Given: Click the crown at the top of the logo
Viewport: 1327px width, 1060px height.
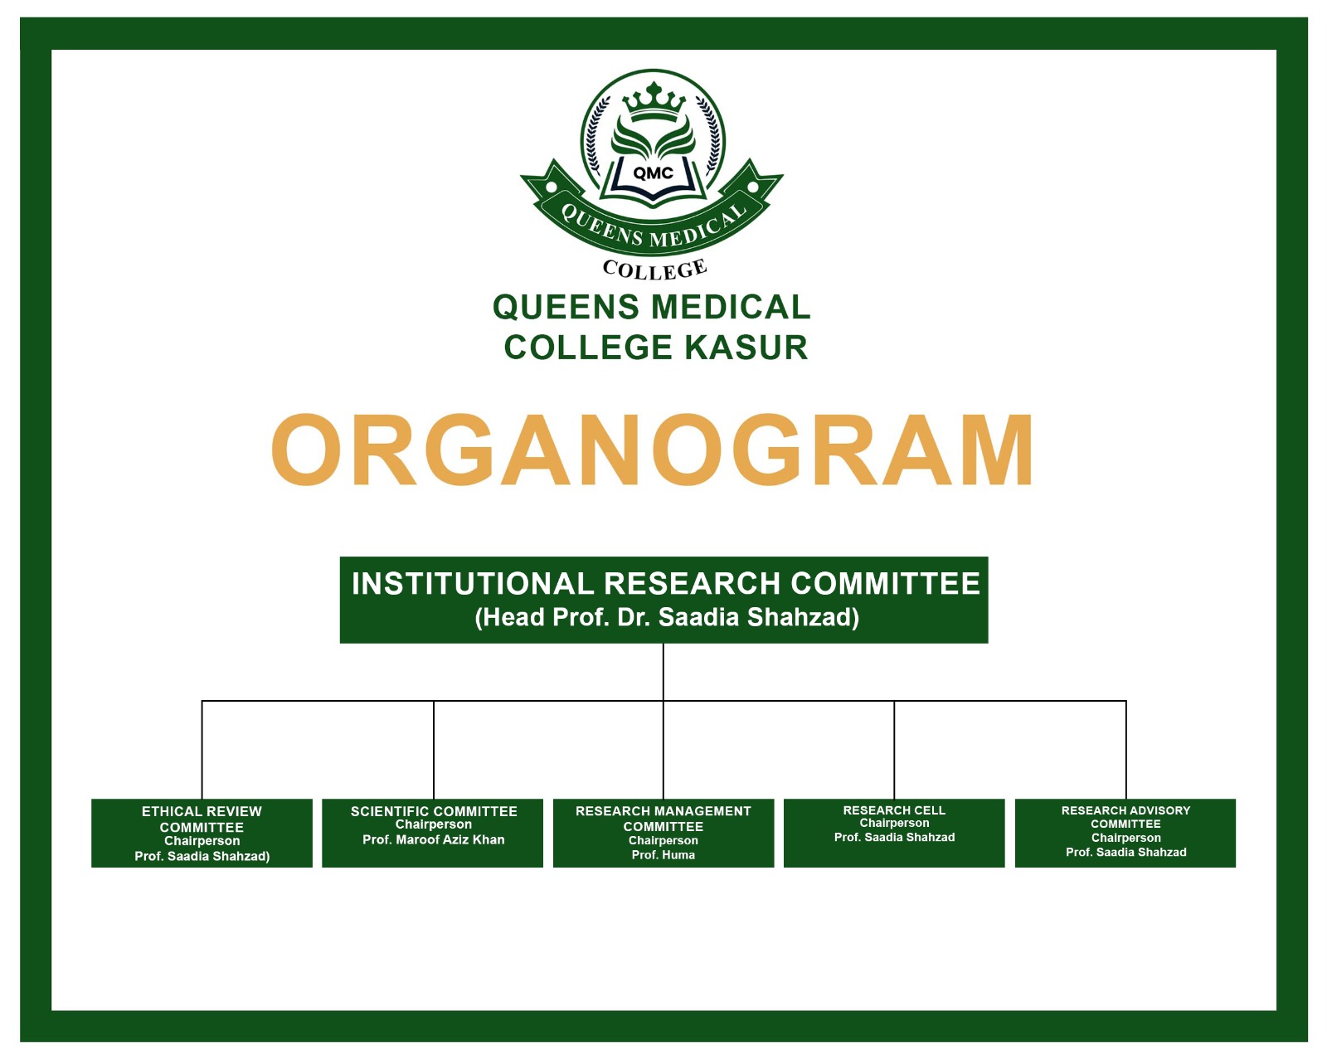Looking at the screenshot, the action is pyautogui.click(x=654, y=102).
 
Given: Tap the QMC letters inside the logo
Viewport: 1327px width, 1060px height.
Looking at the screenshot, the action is pyautogui.click(x=653, y=173).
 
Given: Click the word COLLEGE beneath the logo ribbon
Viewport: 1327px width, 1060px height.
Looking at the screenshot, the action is pyautogui.click(x=655, y=270).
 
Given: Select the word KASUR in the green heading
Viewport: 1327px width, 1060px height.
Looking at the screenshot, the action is pyautogui.click(x=746, y=348).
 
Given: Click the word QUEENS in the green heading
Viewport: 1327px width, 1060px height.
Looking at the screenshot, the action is pyautogui.click(x=566, y=307).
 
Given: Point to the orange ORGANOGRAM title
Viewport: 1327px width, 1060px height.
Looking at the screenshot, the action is pyautogui.click(x=652, y=450).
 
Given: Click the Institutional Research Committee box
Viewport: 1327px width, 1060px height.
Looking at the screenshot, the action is pyautogui.click(x=663, y=600).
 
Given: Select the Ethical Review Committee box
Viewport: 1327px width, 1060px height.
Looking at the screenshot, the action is pyautogui.click(x=202, y=833).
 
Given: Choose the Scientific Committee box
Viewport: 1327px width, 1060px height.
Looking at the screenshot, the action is pyautogui.click(x=432, y=833).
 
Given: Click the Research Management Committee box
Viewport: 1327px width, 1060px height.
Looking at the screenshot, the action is pyautogui.click(x=663, y=833).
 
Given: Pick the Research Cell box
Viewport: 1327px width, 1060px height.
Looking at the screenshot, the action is pyautogui.click(x=894, y=833).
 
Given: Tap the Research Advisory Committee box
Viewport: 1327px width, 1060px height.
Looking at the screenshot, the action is pyautogui.click(x=1125, y=833).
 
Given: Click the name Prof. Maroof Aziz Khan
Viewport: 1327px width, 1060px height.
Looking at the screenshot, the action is pyautogui.click(x=434, y=840).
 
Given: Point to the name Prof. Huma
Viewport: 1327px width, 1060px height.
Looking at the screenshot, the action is pyautogui.click(x=663, y=855).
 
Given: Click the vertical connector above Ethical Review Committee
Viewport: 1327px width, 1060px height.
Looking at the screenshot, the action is pyautogui.click(x=202, y=750).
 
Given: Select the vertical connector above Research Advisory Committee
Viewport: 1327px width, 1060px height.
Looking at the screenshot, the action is pyautogui.click(x=1126, y=750).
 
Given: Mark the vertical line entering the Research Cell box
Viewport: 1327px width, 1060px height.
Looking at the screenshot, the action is pyautogui.click(x=894, y=750).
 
